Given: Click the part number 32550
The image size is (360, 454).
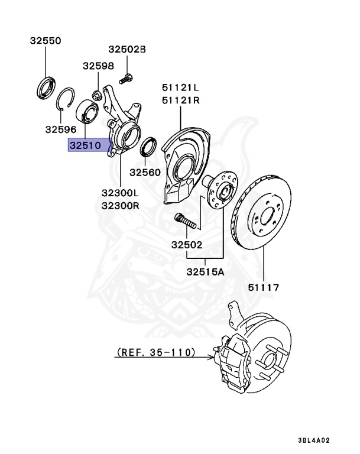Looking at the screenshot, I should pos(46,41).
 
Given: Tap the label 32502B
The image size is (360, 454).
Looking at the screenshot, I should pos(127,49).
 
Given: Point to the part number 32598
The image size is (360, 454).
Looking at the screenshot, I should pos(98,66).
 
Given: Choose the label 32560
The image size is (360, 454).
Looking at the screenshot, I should pos(145,172).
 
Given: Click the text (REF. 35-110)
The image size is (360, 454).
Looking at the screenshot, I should pos(155,352).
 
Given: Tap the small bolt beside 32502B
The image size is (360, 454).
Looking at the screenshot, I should pos(125,76).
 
